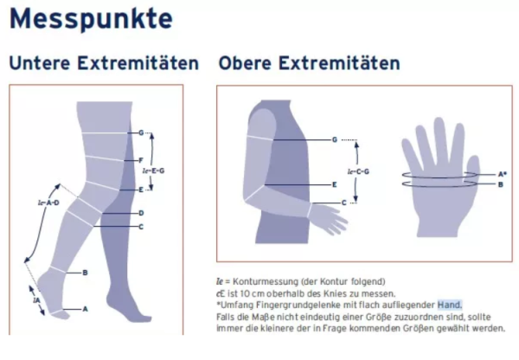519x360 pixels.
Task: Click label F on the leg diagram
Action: coord(140,161)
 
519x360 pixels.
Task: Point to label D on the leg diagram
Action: coord(141,212)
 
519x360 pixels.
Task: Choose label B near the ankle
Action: coord(85,273)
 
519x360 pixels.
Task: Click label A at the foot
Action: coord(85,308)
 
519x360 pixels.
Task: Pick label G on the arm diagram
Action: coord(335,139)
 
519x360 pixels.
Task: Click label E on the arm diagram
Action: coord(335,184)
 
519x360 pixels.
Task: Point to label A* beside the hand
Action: coord(503,174)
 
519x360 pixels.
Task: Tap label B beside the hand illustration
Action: coord(501,184)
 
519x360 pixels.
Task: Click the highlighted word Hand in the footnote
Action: coord(449,305)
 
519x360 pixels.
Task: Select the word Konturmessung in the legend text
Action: coord(259,281)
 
